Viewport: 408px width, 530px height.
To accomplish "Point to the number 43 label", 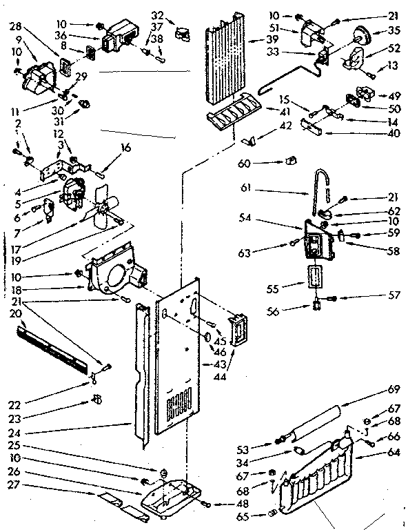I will pos(221,364).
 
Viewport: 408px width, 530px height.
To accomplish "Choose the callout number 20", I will pos(16,313).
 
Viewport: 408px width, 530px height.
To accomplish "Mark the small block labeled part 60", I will pos(289,161).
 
